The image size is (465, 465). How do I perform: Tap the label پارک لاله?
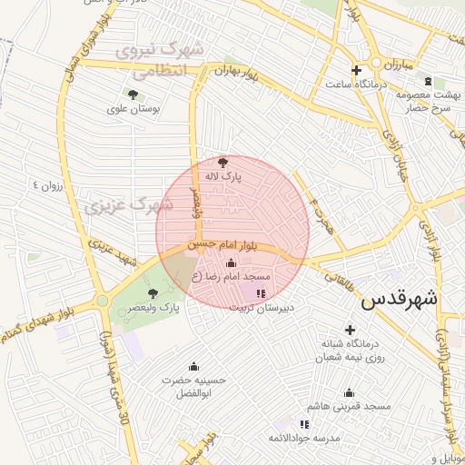(x=223, y=178)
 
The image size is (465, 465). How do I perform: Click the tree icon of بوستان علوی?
(x=134, y=94)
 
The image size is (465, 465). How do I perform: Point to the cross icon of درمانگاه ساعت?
(x=356, y=70)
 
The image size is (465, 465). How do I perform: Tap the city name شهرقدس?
(x=400, y=300)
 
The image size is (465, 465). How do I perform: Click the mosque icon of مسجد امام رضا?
(x=230, y=263)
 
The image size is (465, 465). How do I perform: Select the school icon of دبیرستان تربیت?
(x=262, y=293)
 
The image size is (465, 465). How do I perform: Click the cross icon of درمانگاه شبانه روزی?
(x=350, y=330)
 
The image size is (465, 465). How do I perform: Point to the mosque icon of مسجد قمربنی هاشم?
(x=349, y=392)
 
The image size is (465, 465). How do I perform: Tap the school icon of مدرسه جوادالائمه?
(x=304, y=424)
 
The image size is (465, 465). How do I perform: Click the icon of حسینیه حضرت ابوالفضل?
(x=192, y=367)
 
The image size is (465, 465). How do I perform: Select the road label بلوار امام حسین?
(x=223, y=245)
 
